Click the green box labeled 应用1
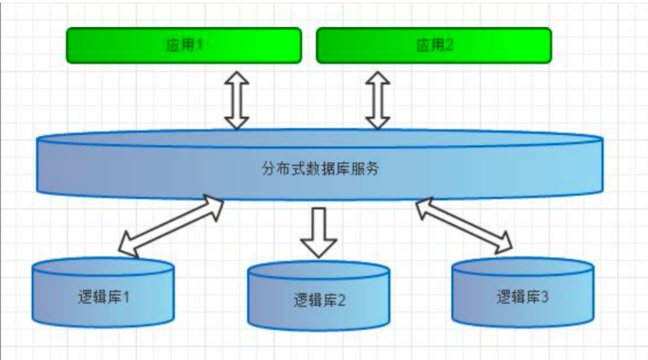pyautogui.click(x=184, y=45)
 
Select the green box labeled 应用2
pyautogui.click(x=434, y=45)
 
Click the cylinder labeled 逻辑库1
pyautogui.click(x=103, y=292)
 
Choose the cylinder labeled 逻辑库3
pyautogui.click(x=523, y=292)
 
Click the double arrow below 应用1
pyautogui.click(x=237, y=99)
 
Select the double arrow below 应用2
pyautogui.click(x=378, y=99)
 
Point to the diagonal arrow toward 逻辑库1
pyautogui.click(x=171, y=224)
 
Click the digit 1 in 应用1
pyautogui.click(x=200, y=45)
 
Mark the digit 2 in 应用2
pyautogui.click(x=450, y=45)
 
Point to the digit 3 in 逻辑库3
pyautogui.click(x=544, y=296)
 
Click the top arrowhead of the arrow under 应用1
pyautogui.click(x=237, y=76)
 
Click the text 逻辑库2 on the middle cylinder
pyautogui.click(x=319, y=299)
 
